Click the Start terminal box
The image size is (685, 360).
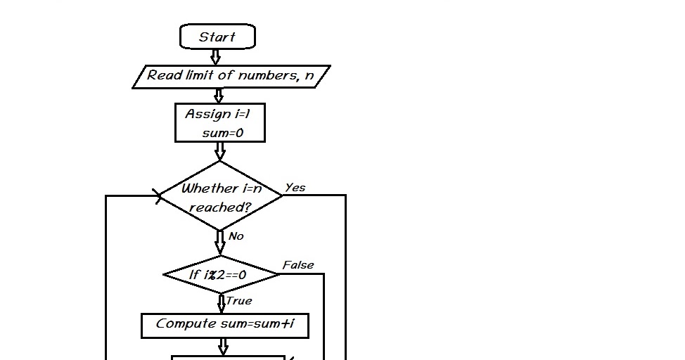(x=217, y=37)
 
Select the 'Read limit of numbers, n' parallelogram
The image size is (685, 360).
(x=231, y=76)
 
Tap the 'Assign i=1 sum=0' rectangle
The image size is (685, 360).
(x=219, y=123)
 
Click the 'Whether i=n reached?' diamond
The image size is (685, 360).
(x=221, y=196)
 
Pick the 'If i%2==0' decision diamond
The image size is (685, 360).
(x=221, y=275)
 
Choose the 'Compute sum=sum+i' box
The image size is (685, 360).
(x=224, y=324)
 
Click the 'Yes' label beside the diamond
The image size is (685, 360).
(x=295, y=188)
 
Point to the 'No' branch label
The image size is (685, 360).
(x=236, y=236)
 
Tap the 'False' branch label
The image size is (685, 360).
(x=297, y=265)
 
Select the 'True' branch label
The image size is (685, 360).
(x=239, y=301)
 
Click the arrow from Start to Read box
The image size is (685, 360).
(x=216, y=57)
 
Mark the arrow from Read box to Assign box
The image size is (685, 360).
(x=219, y=96)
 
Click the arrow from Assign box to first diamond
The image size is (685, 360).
(x=220, y=151)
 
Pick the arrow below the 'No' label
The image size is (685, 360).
(x=220, y=243)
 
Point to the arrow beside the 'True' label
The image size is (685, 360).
(x=222, y=303)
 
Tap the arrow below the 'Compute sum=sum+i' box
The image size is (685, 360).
(x=224, y=346)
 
